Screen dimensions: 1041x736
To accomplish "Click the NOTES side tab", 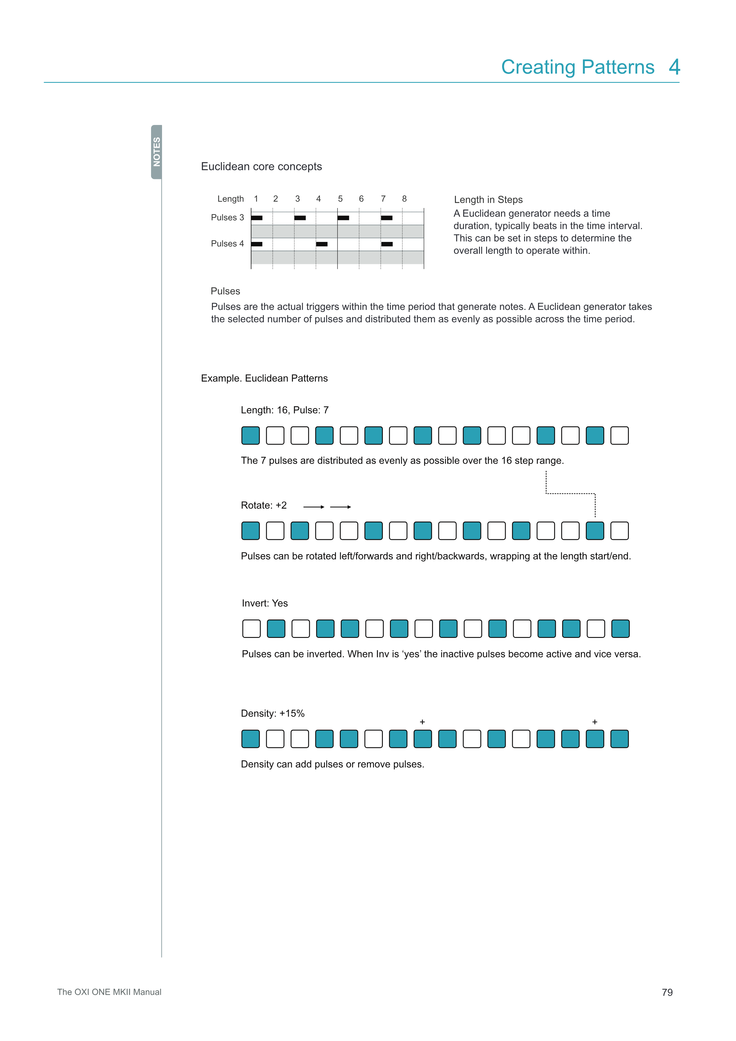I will [156, 152].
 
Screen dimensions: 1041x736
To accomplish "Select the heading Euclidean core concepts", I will [261, 167].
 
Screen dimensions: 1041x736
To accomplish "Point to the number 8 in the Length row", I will [404, 199].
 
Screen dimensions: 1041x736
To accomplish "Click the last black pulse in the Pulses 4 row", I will [387, 244].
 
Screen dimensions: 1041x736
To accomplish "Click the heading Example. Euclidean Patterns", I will [264, 378].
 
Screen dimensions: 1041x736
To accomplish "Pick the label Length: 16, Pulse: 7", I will [285, 410].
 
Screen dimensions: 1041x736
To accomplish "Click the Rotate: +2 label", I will [264, 505].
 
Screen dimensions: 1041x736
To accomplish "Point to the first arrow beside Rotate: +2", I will [314, 507].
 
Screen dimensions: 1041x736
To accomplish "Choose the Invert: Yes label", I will [265, 603].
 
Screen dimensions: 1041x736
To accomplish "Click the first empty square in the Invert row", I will [252, 629].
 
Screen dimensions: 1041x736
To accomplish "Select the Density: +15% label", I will [272, 713].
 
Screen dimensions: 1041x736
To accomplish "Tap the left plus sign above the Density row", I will [422, 722].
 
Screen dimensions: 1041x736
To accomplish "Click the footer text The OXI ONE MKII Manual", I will [109, 992].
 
